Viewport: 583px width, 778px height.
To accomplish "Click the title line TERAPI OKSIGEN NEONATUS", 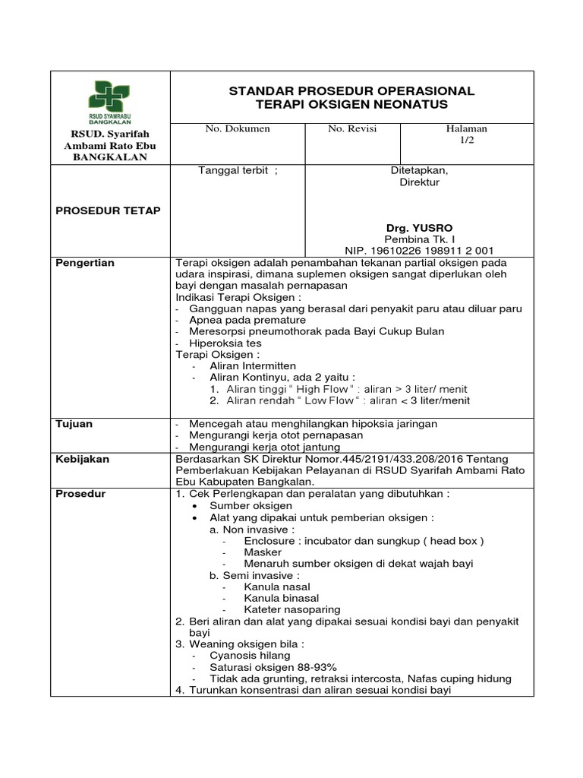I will coord(351,104).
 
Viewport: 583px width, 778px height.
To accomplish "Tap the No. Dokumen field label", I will coord(238,129).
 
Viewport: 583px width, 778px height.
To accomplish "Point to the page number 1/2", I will coord(467,141).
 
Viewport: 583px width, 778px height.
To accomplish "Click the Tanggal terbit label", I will coord(238,170).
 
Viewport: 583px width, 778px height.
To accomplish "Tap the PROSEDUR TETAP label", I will coord(109,210).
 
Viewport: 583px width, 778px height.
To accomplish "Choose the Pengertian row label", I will coord(85,263).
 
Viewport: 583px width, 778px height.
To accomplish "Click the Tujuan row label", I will coord(74,424).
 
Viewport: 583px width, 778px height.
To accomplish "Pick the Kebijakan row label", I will coord(82,460).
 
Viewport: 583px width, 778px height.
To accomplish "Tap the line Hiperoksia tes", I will coord(225,343).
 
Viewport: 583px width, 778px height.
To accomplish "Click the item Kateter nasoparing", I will coord(292,609).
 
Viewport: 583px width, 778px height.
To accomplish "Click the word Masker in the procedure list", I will coord(263,552).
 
